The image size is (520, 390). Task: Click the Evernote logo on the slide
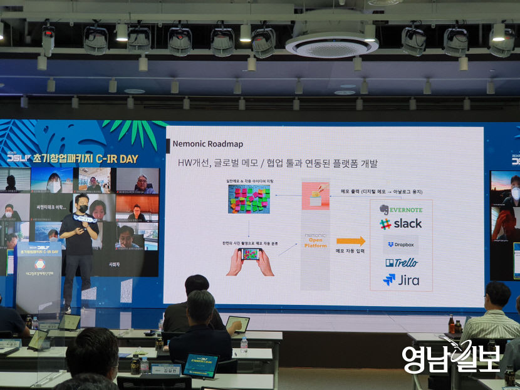coord(401,210)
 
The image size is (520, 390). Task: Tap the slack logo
coord(400,223)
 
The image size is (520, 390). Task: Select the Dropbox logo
coord(401,245)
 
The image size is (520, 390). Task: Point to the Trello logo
coord(401,263)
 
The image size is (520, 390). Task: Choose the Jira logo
coord(401,280)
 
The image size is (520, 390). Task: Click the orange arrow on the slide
coord(350,241)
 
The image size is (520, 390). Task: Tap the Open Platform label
coord(316,241)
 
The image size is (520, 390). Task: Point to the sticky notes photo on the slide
coord(249,199)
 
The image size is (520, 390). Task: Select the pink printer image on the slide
coord(315,195)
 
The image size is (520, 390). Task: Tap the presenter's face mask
coord(82,208)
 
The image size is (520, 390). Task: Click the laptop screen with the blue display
coord(201,365)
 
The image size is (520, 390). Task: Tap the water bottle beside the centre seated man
coord(244,344)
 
